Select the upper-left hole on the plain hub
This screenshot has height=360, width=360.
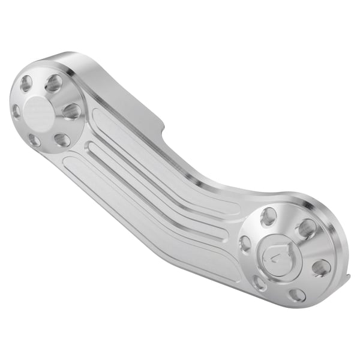26,83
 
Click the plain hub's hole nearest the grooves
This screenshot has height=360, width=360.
71,111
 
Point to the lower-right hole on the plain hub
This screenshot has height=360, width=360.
62,140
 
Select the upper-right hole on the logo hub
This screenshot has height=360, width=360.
307,229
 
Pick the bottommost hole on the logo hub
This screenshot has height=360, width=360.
297,295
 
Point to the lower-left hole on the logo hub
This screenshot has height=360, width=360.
260,283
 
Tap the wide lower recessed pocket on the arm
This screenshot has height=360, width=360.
150,210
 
